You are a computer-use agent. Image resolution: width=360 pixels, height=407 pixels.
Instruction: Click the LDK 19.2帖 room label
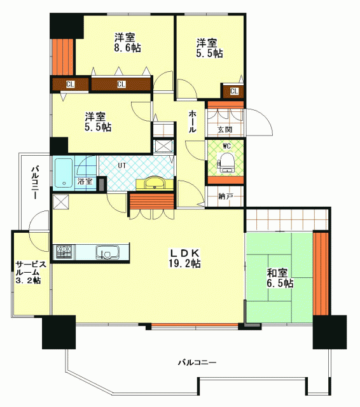184,258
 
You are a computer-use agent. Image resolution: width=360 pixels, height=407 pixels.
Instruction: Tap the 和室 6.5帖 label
280,278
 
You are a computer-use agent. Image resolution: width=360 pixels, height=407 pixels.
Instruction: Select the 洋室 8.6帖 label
127,43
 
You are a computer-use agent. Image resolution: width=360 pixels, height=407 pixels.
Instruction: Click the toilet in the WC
226,163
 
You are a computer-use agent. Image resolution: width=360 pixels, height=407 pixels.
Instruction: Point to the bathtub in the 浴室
64,172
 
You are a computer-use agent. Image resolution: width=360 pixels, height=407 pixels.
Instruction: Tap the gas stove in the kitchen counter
64,252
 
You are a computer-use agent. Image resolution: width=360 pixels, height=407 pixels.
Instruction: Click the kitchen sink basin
107,252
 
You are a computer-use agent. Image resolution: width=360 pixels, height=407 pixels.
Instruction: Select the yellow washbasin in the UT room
155,183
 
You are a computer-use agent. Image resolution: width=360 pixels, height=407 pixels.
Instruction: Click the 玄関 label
225,129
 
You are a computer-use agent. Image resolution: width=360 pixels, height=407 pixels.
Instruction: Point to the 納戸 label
225,197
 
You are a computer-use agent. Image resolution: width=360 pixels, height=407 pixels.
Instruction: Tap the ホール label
192,121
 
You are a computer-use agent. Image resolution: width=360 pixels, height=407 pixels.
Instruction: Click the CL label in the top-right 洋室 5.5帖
234,91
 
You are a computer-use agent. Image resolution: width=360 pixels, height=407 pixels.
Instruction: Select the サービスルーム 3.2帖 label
29,272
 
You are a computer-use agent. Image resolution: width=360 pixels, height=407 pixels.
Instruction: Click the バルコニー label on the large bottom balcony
197,362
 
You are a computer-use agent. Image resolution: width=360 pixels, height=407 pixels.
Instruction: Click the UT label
122,165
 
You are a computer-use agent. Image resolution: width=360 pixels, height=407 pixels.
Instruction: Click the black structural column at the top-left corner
66,25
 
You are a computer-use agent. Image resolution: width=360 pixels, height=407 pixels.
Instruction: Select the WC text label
226,146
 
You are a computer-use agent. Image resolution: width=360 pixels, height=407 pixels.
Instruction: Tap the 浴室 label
85,181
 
